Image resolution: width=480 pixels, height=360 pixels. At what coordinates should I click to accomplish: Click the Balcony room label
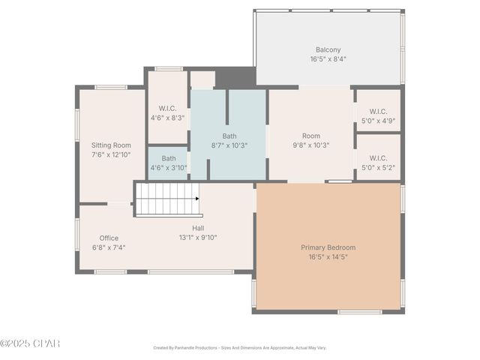pos(328,50)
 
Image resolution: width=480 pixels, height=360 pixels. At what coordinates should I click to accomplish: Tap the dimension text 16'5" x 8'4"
pos(328,59)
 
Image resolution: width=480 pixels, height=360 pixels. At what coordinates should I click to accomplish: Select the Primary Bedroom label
pos(328,247)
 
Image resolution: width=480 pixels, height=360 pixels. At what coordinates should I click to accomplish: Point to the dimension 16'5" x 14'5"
pos(328,256)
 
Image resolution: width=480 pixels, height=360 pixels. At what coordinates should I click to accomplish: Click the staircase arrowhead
pos(196,199)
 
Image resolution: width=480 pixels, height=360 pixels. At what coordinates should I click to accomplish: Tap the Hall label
pos(198,228)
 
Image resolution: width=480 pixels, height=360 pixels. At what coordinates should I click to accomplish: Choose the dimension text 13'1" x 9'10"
pos(198,237)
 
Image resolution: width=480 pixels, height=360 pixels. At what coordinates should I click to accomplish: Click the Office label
pos(109,238)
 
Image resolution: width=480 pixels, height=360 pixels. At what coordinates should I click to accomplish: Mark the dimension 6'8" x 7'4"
pos(109,247)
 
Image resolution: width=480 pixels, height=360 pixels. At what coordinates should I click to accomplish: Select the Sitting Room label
pos(111,145)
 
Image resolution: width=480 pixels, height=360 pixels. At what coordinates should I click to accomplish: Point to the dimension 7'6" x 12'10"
pos(111,154)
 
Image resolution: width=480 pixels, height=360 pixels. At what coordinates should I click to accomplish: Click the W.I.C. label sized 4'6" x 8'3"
pos(168,108)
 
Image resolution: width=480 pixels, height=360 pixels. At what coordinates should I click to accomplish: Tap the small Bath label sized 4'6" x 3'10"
pos(169,158)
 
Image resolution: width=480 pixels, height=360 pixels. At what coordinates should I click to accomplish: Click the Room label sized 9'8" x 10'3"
pos(310,136)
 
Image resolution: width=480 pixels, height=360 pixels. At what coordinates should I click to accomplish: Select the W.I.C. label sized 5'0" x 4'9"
pos(378,111)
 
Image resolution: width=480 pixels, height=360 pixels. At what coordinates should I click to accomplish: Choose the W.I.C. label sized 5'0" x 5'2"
pos(378,158)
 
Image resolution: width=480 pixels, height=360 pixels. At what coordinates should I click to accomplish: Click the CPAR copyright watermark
pos(30,343)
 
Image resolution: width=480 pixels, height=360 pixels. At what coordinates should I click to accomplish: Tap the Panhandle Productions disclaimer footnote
pos(240,348)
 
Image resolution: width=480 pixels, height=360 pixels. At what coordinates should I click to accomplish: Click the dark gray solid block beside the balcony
pos(235,77)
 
